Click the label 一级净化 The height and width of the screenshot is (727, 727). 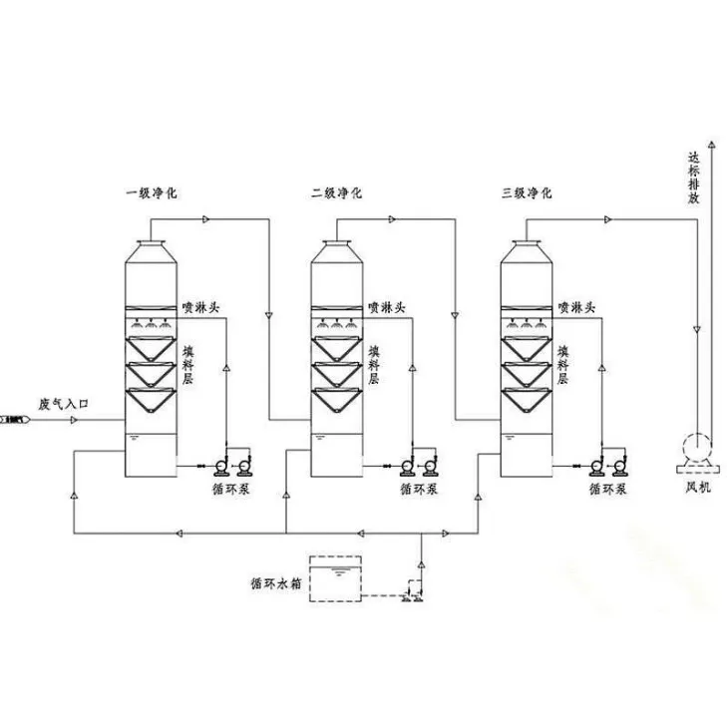pos(152,192)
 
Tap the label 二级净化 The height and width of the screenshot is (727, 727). pos(337,192)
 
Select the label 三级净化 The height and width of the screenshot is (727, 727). pos(527,192)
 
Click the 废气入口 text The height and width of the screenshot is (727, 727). pos(63,404)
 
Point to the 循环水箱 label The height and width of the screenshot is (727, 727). pos(276,583)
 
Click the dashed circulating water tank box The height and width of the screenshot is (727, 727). pos(336,579)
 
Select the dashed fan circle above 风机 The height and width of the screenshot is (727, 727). pos(697,448)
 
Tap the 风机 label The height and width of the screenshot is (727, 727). pos(698,488)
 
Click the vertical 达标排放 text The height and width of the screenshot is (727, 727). pos(693,179)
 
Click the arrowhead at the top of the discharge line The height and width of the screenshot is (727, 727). pos(712,144)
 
